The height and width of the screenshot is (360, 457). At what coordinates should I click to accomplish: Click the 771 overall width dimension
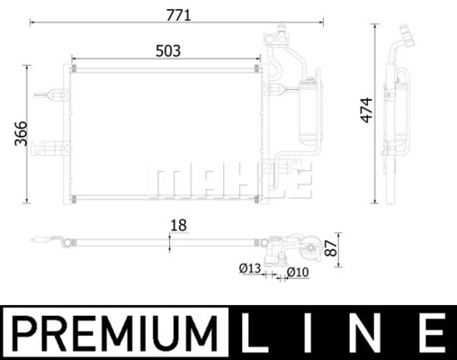[x=178, y=15]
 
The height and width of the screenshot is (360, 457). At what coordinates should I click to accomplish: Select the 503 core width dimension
[x=168, y=51]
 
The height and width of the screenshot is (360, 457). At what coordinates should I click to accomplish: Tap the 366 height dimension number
[x=21, y=133]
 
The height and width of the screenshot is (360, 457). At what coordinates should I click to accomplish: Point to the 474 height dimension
[x=366, y=110]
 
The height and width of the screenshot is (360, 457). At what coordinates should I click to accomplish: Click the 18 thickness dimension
[x=178, y=225]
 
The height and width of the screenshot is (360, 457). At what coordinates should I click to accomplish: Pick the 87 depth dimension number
[x=331, y=247]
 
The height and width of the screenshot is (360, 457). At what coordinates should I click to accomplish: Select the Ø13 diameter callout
[x=250, y=268]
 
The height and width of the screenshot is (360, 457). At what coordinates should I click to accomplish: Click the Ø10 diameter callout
[x=298, y=273]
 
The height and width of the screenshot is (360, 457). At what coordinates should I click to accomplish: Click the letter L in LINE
[x=254, y=333]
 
